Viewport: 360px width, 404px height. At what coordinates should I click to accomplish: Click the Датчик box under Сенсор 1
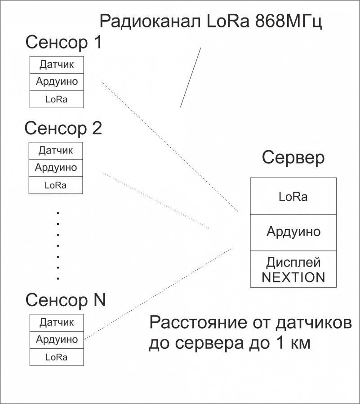click(x=57, y=65)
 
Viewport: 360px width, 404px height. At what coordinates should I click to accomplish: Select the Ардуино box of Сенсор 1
click(x=57, y=82)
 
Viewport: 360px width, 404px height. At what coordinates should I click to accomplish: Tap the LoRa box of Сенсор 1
click(x=57, y=99)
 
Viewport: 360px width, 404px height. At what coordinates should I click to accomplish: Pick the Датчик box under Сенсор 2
click(x=56, y=150)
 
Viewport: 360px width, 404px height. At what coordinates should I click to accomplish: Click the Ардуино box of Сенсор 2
click(x=56, y=168)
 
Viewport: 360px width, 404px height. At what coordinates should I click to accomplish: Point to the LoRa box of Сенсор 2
click(x=56, y=185)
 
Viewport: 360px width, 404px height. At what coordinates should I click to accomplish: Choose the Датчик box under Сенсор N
click(x=57, y=322)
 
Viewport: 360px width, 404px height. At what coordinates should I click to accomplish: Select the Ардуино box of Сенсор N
click(x=57, y=339)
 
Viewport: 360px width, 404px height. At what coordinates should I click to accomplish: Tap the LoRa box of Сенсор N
click(x=57, y=357)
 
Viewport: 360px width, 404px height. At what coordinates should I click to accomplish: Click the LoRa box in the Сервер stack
click(x=293, y=196)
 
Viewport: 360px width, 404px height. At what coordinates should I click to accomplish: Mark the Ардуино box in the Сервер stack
click(x=293, y=232)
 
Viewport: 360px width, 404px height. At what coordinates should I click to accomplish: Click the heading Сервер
click(x=293, y=158)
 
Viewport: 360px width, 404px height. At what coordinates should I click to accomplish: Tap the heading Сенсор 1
click(x=64, y=43)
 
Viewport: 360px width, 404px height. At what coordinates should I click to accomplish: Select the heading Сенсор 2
click(x=63, y=128)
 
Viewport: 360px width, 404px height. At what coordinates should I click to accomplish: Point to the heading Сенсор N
click(x=65, y=299)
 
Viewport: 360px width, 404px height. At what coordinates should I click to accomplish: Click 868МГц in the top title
click(x=288, y=21)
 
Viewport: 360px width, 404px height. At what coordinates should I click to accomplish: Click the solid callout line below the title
click(x=191, y=77)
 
